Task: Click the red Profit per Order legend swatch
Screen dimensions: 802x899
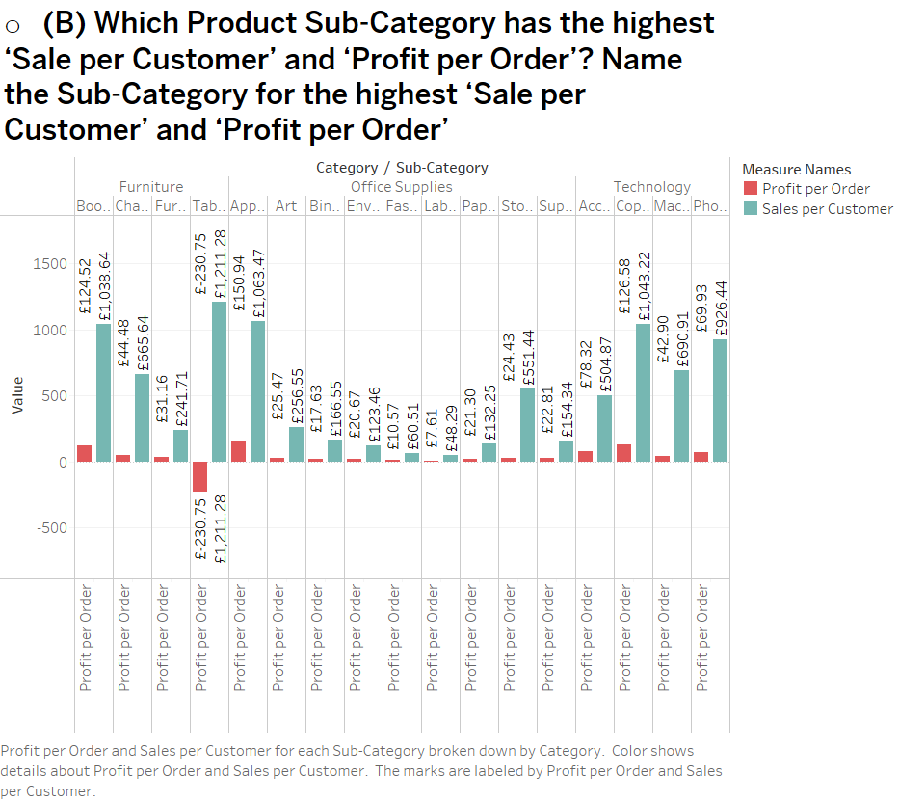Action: click(x=751, y=189)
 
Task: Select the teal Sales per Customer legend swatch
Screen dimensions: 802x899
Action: click(x=751, y=209)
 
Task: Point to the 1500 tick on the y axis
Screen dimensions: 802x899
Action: click(x=50, y=264)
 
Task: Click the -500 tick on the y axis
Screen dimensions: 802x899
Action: click(x=50, y=528)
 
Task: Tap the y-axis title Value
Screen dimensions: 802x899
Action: click(x=16, y=396)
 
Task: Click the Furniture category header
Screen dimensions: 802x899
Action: click(x=151, y=187)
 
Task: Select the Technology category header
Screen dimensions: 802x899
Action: click(x=652, y=187)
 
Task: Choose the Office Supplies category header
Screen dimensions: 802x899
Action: click(x=401, y=187)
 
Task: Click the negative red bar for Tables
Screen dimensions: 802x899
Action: click(x=199, y=476)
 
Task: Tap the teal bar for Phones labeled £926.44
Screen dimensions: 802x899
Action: click(x=720, y=400)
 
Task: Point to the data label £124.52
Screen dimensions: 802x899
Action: click(x=84, y=286)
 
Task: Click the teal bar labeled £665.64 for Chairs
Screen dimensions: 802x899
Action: click(x=142, y=417)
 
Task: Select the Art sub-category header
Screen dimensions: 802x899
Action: click(x=286, y=206)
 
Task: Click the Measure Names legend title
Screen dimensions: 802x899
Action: click(x=797, y=170)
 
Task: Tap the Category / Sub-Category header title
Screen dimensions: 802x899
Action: click(x=402, y=168)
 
